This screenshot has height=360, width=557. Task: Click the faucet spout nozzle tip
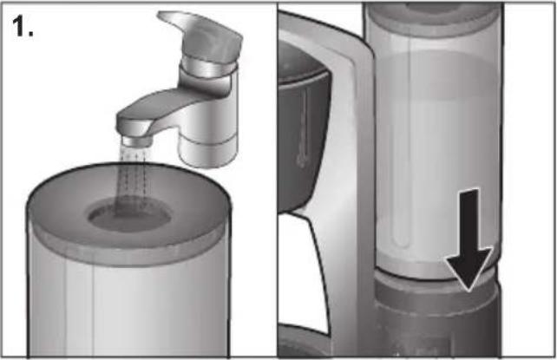coord(136,141)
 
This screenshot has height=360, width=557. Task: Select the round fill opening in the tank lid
coord(129,215)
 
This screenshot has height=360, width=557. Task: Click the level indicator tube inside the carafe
coord(303,128)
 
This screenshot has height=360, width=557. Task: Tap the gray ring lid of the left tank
coord(128,213)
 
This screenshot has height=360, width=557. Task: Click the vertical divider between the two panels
coord(277,180)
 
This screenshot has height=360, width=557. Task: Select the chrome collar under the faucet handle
coord(208,67)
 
